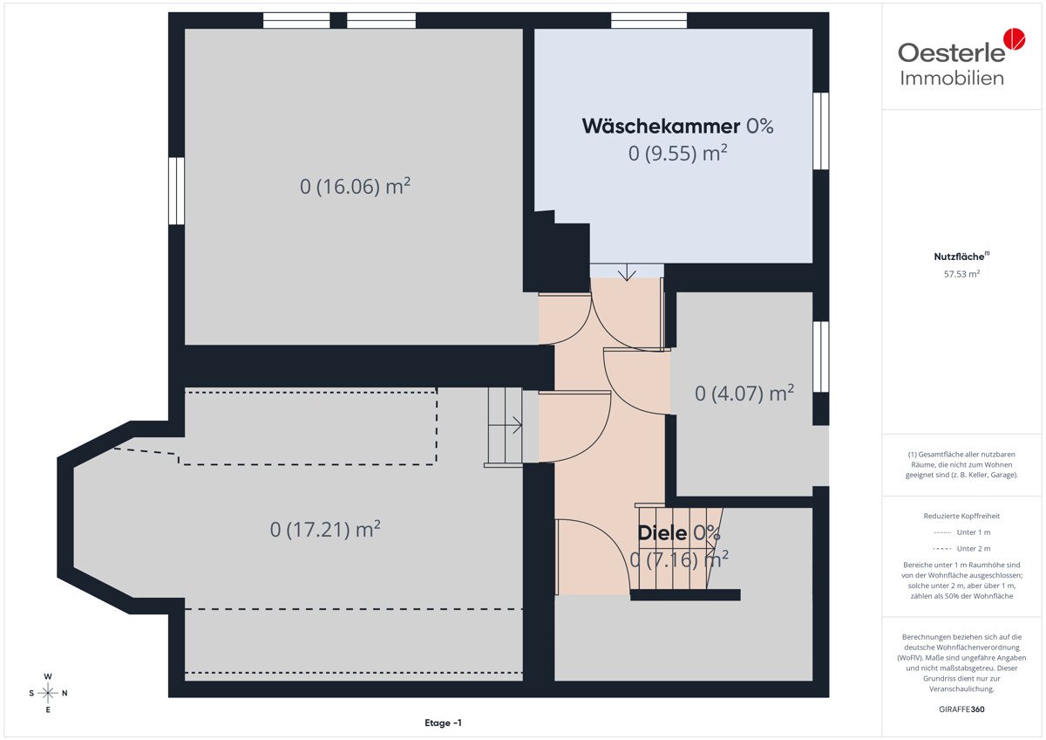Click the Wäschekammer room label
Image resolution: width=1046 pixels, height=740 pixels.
click(x=661, y=127)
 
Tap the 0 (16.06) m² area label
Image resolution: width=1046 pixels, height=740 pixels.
click(x=355, y=186)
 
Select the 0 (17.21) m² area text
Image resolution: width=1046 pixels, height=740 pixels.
click(x=325, y=529)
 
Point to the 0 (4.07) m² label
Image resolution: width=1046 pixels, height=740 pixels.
click(x=744, y=394)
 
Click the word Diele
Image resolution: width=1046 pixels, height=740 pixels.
click(x=662, y=533)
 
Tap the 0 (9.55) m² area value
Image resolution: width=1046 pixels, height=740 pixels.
click(x=677, y=153)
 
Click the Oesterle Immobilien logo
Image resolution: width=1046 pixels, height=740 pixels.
click(x=961, y=58)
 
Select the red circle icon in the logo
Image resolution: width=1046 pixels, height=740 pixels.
click(x=1015, y=38)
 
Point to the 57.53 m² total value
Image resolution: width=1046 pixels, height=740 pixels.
click(x=961, y=274)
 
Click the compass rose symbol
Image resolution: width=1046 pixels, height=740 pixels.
click(x=48, y=693)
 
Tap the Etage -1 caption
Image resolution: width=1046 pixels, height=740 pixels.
click(x=443, y=723)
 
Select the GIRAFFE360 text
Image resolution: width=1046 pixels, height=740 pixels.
click(x=961, y=709)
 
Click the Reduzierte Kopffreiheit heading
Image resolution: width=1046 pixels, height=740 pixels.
click(x=961, y=516)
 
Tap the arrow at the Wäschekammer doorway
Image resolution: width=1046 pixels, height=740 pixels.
click(x=626, y=272)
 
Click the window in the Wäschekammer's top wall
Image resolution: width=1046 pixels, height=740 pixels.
click(x=649, y=21)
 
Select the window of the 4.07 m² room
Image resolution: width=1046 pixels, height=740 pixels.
click(x=820, y=357)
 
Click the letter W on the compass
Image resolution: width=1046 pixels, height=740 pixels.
click(x=48, y=676)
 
